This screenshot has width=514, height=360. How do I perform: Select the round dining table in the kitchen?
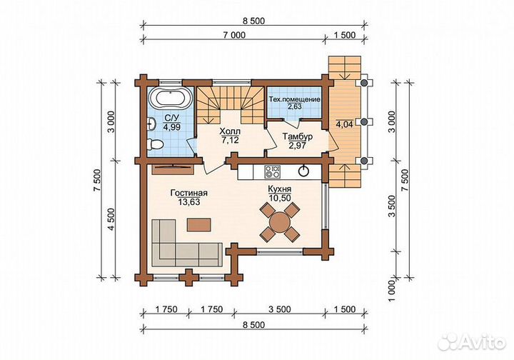click(x=280, y=222)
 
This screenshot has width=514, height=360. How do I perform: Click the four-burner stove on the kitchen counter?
click(x=273, y=171)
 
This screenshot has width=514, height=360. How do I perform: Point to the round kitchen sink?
click(x=304, y=171)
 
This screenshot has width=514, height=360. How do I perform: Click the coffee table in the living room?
click(x=199, y=224)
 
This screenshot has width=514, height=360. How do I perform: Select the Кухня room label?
click(x=280, y=189)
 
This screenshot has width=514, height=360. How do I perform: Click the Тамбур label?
click(x=297, y=136)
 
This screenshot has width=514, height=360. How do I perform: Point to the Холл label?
click(x=230, y=131)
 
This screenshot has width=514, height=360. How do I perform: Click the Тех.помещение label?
click(x=294, y=99)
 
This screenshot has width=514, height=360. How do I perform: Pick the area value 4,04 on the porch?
click(x=344, y=124)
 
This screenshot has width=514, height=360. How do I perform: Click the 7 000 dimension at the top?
click(x=234, y=35)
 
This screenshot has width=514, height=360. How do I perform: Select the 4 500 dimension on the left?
click(x=112, y=219)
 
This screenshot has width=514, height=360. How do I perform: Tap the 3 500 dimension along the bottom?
click(x=280, y=309)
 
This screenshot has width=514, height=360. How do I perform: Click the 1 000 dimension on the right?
click(x=393, y=291)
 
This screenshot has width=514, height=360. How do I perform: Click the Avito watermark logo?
click(x=472, y=342)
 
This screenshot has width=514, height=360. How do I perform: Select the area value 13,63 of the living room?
click(x=188, y=202)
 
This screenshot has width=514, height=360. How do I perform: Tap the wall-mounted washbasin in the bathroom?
click(x=151, y=124)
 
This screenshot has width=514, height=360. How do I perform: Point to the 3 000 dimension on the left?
click(x=112, y=121)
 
